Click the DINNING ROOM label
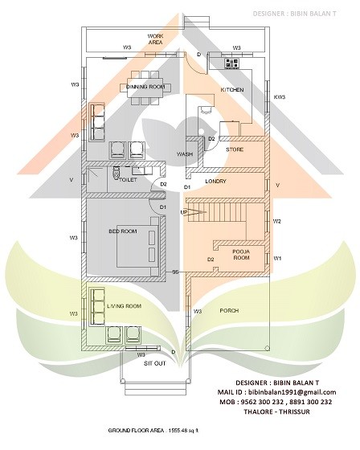click(x=145, y=86)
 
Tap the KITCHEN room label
click(x=232, y=91)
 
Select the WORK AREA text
click(x=156, y=40)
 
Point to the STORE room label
click(x=235, y=149)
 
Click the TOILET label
click(x=129, y=180)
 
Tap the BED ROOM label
click(x=123, y=231)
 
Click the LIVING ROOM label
click(x=124, y=306)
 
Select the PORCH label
click(x=229, y=309)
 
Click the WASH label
click(x=183, y=153)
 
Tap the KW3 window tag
click(x=280, y=97)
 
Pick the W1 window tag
click(x=277, y=258)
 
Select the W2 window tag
click(x=277, y=220)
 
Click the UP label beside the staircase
click(x=184, y=212)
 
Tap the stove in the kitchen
click(x=232, y=62)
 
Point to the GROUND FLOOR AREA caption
click(x=153, y=432)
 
